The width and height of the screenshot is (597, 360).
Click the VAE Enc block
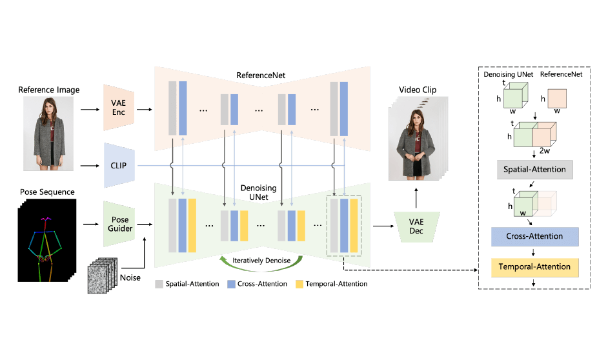coord(117,108)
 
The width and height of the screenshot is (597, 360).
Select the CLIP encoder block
coord(117,165)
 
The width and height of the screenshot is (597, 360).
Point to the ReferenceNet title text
coord(261,75)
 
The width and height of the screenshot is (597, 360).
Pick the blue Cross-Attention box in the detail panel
coord(534,236)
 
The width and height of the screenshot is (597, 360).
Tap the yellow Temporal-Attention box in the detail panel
coord(534,266)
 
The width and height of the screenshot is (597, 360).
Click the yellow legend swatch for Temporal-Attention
coord(299,284)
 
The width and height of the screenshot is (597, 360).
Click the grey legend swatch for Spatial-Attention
coord(159,284)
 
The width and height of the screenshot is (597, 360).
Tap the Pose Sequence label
coord(46,192)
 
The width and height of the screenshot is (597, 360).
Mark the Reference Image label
coord(49,90)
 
